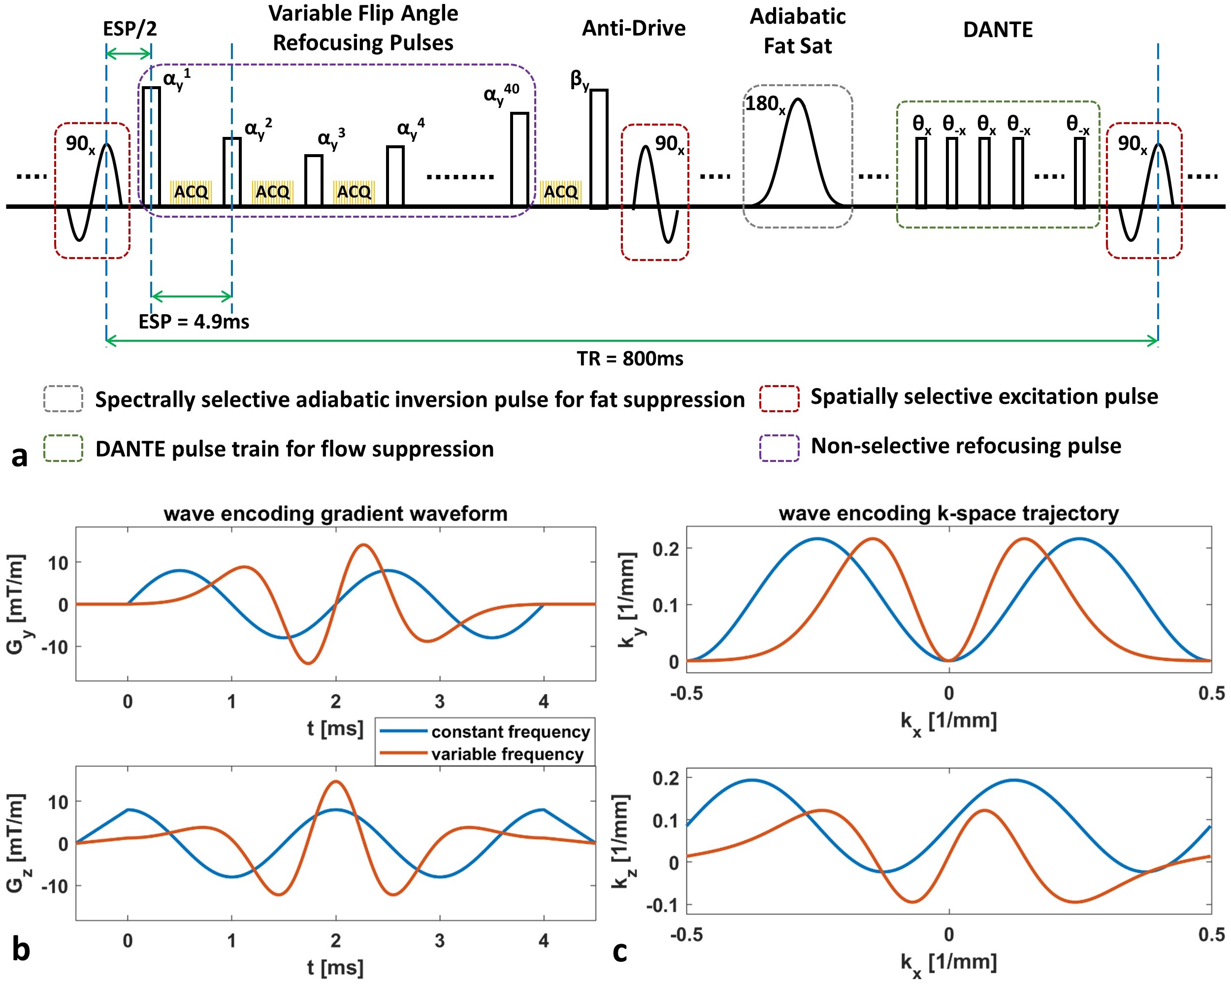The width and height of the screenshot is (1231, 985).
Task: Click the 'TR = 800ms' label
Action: [x=629, y=359]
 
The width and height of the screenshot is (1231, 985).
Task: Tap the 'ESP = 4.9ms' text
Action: [x=194, y=322]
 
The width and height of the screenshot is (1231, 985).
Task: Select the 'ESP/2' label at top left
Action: [x=130, y=28]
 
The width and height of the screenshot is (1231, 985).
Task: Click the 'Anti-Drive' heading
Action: [x=633, y=28]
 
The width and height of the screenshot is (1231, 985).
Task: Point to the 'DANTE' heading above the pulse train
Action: [x=998, y=30]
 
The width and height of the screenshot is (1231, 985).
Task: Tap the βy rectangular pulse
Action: [x=598, y=148]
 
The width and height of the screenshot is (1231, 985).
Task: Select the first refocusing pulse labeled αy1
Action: [x=151, y=146]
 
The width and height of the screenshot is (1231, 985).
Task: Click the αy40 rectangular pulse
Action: [x=519, y=159]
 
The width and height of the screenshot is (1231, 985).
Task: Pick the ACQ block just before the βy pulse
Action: [x=560, y=192]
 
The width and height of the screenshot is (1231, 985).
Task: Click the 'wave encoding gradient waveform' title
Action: [x=335, y=513]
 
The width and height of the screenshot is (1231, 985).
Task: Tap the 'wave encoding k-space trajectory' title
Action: [x=948, y=513]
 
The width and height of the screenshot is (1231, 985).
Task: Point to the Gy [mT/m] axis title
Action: [x=17, y=604]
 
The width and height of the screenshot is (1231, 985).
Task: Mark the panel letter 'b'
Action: [x=21, y=949]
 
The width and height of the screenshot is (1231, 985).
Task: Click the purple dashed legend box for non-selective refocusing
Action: [x=779, y=447]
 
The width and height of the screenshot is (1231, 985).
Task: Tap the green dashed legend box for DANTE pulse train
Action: [x=64, y=448]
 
